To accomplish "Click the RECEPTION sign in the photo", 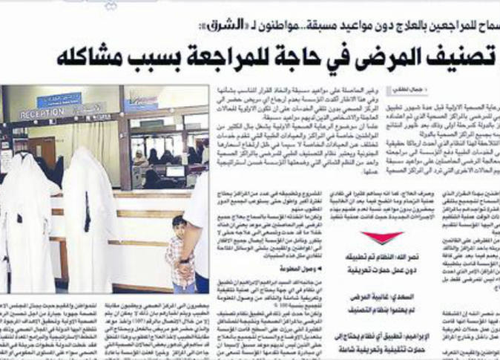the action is click(x=42, y=114).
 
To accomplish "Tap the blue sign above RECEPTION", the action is click(x=59, y=99).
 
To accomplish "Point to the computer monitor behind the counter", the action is click(x=175, y=171).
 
